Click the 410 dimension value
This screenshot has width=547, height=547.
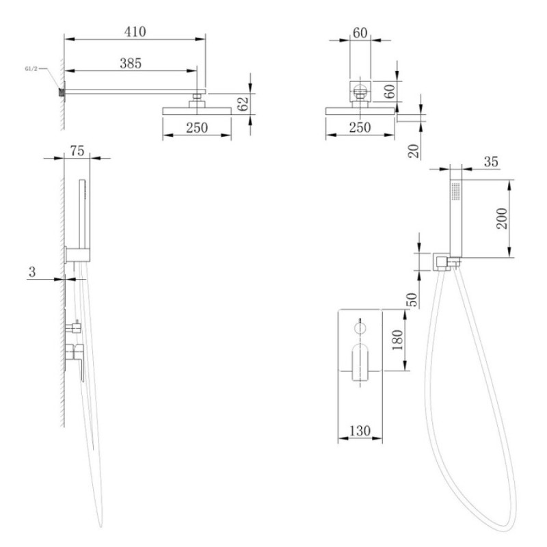[x=135, y=31]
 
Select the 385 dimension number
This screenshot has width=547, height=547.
[x=131, y=64]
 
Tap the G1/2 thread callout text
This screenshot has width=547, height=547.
[x=31, y=69]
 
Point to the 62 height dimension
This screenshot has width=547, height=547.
[x=243, y=104]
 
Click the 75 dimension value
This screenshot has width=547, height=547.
[x=77, y=150]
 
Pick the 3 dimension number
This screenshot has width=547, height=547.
[x=32, y=271]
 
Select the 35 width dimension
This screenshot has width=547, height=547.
[x=491, y=162]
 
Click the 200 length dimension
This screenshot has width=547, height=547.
[x=502, y=218]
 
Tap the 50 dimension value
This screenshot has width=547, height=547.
[x=413, y=299]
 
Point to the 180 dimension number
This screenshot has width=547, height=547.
[x=397, y=340]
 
